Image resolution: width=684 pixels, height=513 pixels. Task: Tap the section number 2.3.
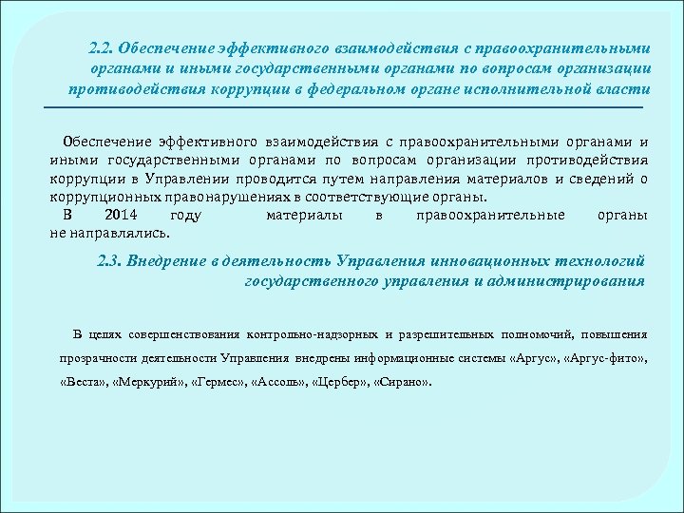click(x=111, y=259)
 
